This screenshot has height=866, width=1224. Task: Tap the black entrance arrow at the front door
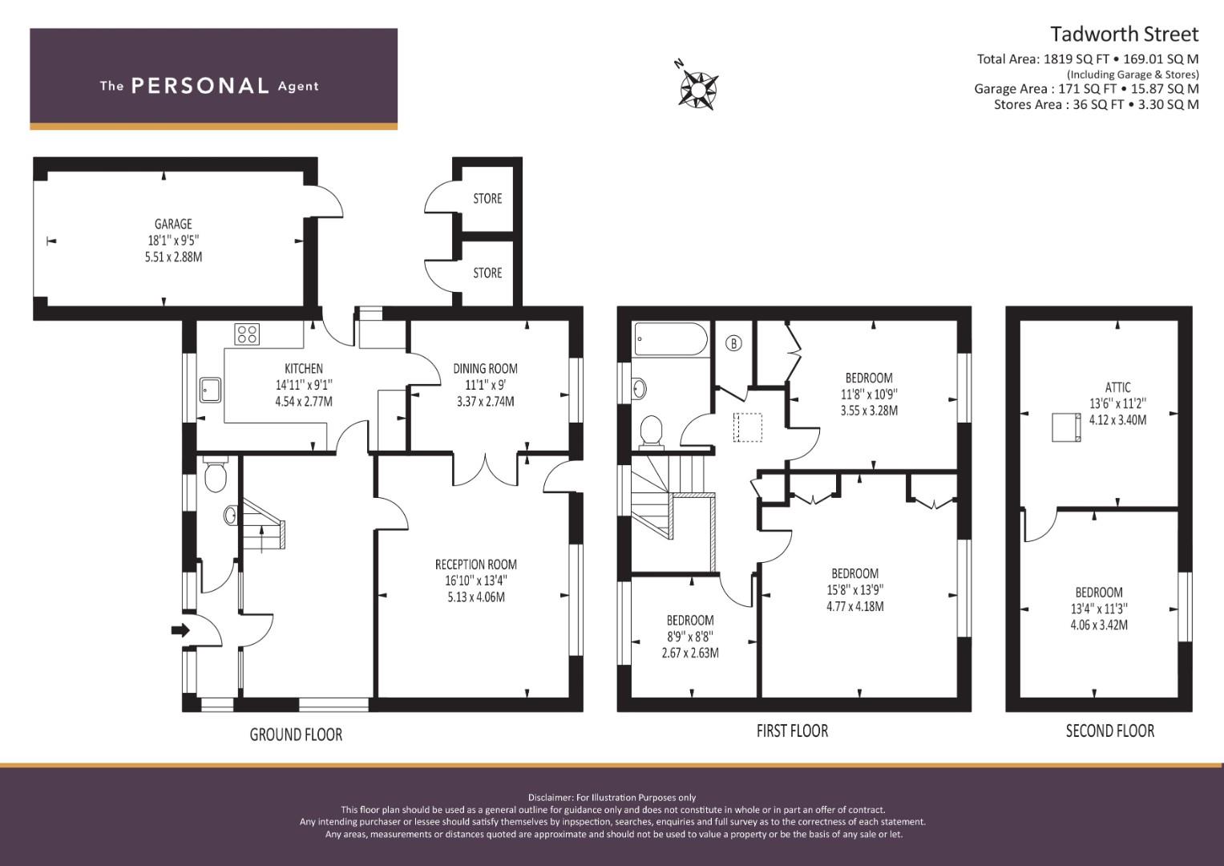tap(180, 630)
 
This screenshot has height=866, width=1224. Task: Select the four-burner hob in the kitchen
tap(247, 334)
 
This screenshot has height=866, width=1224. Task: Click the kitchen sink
tap(210, 390)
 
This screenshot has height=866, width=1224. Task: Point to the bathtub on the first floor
tap(671, 339)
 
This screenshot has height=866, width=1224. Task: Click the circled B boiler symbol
tap(733, 343)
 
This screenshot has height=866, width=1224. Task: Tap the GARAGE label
tap(173, 224)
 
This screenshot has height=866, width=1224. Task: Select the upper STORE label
tap(487, 199)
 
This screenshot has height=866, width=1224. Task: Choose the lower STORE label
tap(487, 273)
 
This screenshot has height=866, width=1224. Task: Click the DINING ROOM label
tap(485, 369)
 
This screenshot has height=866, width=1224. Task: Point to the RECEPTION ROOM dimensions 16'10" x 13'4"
tap(476, 580)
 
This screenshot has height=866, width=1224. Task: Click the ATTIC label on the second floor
tap(1117, 387)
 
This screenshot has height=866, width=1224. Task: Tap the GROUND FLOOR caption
tap(296, 734)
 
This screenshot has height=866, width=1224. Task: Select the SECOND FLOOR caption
tap(1110, 731)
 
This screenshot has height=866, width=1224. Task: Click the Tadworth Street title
tap(1125, 34)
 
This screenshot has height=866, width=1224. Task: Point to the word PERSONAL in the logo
tap(200, 86)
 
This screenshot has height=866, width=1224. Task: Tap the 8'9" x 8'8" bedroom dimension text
tap(690, 637)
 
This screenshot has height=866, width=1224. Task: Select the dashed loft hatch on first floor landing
tap(748, 427)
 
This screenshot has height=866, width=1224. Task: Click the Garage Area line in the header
tap(1086, 89)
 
